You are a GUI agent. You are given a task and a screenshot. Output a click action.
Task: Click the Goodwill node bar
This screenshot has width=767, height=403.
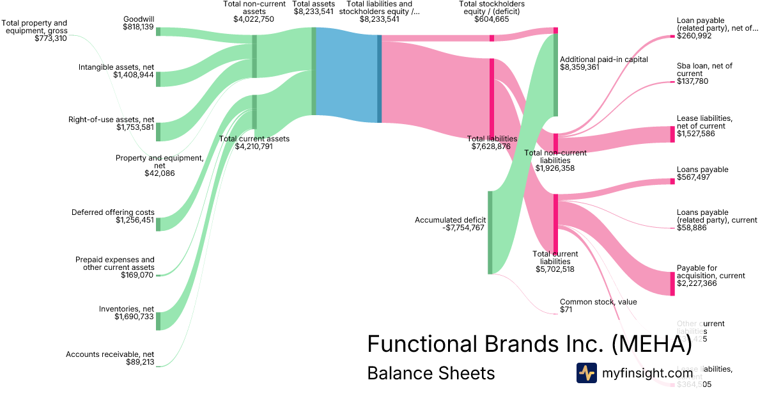pos(159,31)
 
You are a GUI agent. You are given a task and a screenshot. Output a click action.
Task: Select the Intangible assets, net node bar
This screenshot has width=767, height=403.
pos(159,79)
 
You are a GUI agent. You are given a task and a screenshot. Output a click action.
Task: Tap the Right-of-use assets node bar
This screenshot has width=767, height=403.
pos(159,131)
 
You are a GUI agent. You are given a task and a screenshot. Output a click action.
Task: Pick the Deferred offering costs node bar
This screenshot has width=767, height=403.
pos(159,224)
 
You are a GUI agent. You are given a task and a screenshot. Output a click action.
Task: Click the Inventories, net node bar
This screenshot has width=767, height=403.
pos(159,320)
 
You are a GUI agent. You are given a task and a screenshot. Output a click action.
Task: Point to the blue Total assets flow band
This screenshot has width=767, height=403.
pos(346,75)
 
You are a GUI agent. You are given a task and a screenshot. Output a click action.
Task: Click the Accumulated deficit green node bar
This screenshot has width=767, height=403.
pos(490,232)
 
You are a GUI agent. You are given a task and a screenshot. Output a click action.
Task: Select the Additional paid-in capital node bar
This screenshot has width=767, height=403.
pos(556,75)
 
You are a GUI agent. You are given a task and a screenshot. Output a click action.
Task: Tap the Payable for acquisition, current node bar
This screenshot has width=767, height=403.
pos(672,283)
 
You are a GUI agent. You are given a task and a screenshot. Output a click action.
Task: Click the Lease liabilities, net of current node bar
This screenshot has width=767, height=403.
pos(672,134)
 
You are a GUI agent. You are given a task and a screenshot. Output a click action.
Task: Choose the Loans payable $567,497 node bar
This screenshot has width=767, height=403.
pos(672,181)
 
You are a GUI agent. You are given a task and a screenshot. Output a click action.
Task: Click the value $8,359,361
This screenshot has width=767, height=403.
pos(580,67)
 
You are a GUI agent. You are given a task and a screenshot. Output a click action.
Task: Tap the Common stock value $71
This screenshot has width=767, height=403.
pos(566,310)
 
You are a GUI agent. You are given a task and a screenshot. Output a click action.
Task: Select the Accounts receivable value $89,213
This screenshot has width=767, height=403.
pos(136,362)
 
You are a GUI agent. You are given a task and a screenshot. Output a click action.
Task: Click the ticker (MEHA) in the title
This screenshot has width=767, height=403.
pos(651,344)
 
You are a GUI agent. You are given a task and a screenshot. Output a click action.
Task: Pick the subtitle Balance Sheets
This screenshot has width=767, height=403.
pos(431,373)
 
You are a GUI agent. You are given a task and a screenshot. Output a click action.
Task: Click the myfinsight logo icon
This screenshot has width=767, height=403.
pos(587,373)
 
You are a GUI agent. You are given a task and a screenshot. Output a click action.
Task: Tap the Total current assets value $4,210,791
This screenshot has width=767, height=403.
pos(254,146)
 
